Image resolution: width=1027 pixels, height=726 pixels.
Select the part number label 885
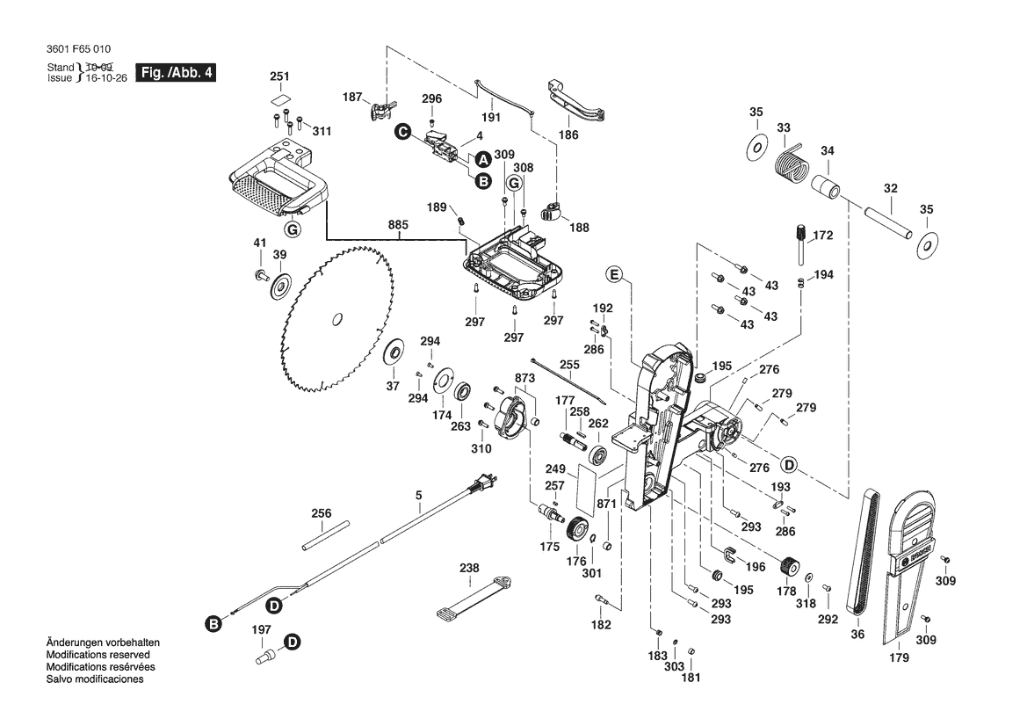[x=398, y=225]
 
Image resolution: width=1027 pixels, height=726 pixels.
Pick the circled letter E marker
[x=614, y=276]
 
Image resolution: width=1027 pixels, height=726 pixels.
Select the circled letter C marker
[x=402, y=132]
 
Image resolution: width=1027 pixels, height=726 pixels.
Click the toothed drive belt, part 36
[x=862, y=553]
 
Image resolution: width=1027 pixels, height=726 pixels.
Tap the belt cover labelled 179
[x=904, y=563]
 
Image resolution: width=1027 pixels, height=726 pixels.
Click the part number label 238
[x=470, y=569]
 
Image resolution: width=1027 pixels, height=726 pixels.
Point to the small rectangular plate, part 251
[x=279, y=100]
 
